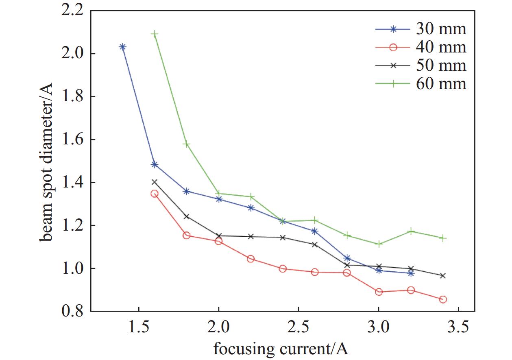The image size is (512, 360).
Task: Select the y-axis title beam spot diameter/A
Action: coord(46,161)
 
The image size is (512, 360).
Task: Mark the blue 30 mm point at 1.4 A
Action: coord(122,47)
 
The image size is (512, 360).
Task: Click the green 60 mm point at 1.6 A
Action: coord(155,34)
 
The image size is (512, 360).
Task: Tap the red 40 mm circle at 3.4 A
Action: coord(443,299)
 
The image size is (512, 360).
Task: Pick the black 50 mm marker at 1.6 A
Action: coord(155,182)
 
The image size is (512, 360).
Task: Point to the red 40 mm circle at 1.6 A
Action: coord(155,194)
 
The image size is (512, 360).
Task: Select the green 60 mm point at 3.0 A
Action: coord(379,244)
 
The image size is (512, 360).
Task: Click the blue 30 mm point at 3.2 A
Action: coord(411,273)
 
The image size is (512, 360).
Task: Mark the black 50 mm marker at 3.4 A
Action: coord(443,276)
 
